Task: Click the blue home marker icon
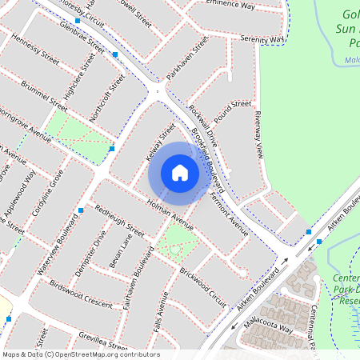point(180,173)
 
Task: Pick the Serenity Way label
point(264,39)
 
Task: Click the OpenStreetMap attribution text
point(80,354)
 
